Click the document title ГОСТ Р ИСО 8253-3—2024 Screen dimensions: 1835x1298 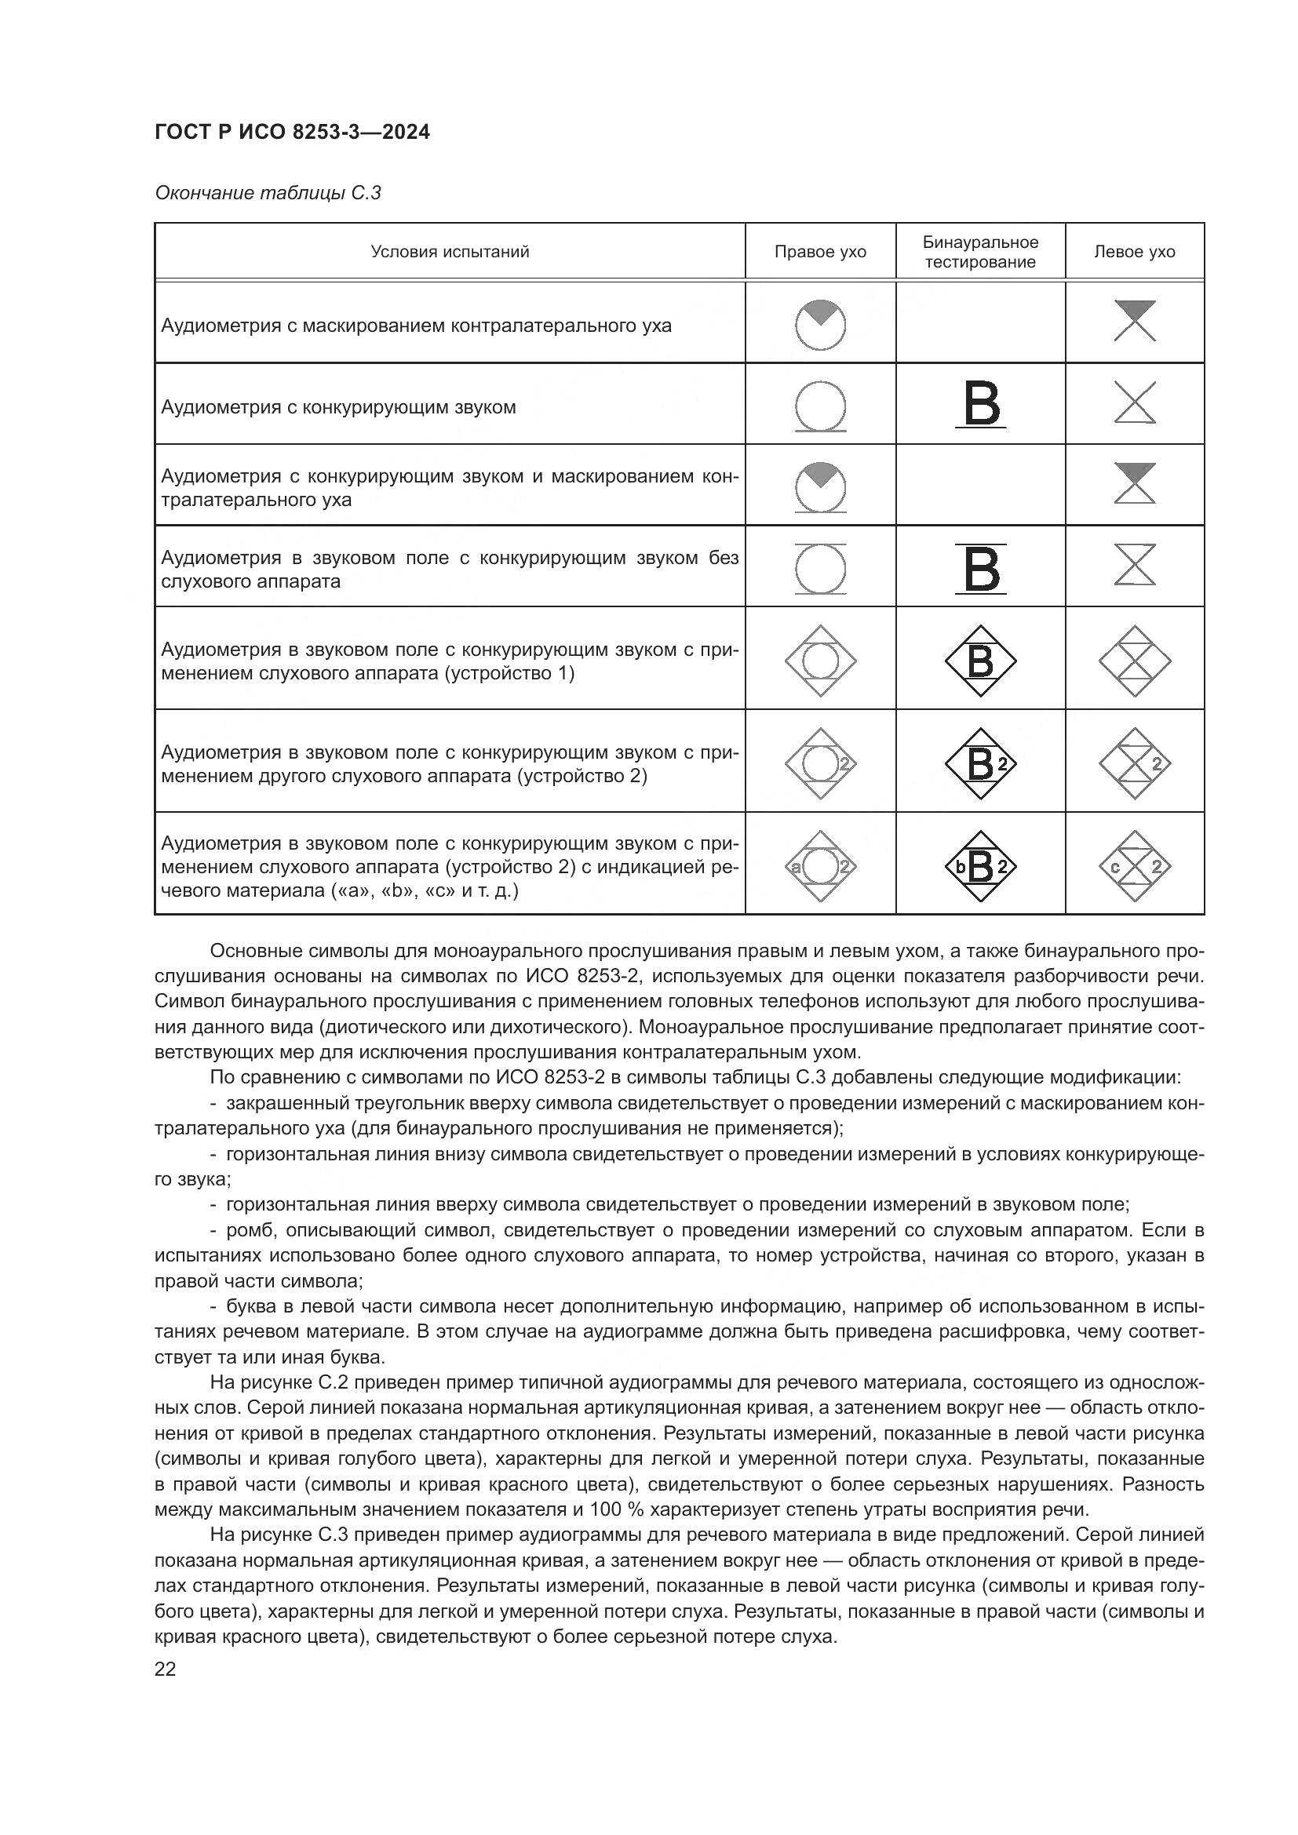[x=292, y=132]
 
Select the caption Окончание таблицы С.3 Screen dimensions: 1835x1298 [x=267, y=193]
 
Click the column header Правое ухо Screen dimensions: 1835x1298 [x=820, y=252]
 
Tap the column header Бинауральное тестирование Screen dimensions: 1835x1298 [x=980, y=252]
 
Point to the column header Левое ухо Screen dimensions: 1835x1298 [x=1134, y=252]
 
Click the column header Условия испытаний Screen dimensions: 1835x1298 [x=449, y=252]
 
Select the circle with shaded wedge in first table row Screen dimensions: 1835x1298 [x=820, y=325]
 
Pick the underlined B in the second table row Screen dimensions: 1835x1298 [x=981, y=404]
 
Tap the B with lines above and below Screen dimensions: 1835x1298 [x=981, y=568]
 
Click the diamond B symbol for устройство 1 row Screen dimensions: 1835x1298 [x=981, y=661]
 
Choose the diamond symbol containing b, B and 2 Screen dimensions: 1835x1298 [x=981, y=866]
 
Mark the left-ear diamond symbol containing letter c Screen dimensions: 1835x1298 [x=1134, y=866]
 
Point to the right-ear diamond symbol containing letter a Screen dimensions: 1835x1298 [x=820, y=866]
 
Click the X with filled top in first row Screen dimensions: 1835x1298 [x=1134, y=321]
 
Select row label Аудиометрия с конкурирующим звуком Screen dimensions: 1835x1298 [x=338, y=407]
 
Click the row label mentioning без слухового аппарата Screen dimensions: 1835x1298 [x=449, y=569]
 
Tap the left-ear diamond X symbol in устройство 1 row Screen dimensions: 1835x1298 [x=1134, y=661]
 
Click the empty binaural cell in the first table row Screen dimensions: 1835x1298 [x=980, y=323]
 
